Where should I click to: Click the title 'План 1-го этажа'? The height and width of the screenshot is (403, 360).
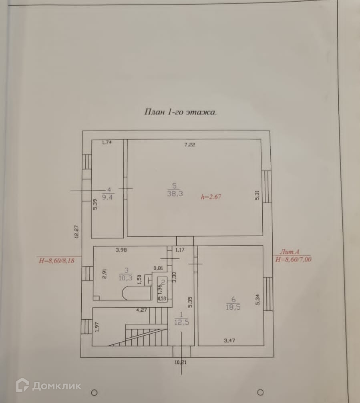(x=180, y=112)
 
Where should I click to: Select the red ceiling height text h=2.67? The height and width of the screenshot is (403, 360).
(x=211, y=197)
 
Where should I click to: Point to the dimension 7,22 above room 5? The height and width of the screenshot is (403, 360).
(x=189, y=145)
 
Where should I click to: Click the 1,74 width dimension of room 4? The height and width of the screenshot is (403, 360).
(x=107, y=142)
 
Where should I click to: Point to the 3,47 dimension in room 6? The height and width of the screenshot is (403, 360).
(x=229, y=341)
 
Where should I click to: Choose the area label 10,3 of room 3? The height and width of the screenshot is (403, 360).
(x=125, y=277)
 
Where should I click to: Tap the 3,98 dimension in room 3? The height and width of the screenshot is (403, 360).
(x=122, y=250)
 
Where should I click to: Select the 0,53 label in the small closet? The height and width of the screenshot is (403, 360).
(x=162, y=298)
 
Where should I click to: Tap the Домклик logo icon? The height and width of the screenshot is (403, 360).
(x=22, y=385)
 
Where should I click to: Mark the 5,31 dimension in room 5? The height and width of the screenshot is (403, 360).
(x=257, y=195)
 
